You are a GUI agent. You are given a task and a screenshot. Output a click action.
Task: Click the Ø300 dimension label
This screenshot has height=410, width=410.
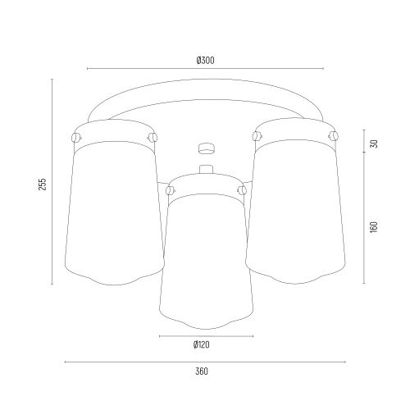[x=205, y=60]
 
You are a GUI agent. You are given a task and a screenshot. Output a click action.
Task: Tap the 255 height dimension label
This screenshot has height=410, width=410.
[x=43, y=184]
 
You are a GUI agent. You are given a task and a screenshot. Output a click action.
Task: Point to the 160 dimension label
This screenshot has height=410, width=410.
[x=374, y=227]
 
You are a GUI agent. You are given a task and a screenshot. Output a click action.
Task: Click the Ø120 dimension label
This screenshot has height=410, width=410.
[x=202, y=344]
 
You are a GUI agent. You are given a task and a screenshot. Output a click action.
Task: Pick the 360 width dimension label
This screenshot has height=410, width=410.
[x=202, y=371]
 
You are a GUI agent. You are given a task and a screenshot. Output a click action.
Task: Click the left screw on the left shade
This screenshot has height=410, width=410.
[x=76, y=137]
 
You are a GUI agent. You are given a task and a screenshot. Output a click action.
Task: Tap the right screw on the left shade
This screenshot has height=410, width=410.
[x=153, y=137]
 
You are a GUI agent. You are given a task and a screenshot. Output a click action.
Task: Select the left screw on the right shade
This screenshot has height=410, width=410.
[x=257, y=136]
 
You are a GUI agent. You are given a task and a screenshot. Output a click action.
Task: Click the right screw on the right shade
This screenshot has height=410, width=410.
[x=334, y=135]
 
